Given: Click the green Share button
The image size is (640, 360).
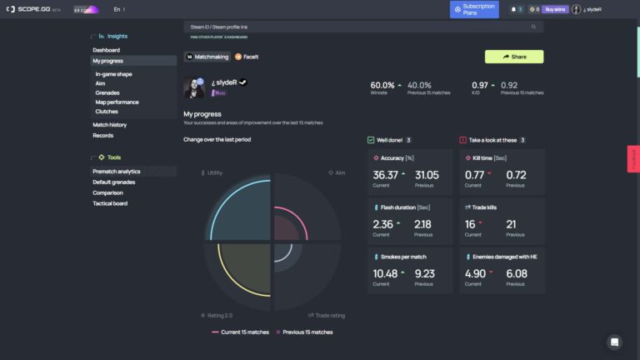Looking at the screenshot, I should pyautogui.click(x=514, y=57).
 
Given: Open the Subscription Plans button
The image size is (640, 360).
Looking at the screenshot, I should pyautogui.click(x=474, y=9).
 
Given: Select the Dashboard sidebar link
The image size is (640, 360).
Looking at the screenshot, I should pyautogui.click(x=107, y=50).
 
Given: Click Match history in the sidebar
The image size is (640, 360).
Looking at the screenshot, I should pyautogui.click(x=110, y=125).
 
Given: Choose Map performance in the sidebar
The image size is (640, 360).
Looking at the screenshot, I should pyautogui.click(x=117, y=102).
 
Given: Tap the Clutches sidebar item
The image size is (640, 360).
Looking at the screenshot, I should pyautogui.click(x=107, y=111).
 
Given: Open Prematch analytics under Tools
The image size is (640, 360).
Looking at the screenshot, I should pyautogui.click(x=117, y=172).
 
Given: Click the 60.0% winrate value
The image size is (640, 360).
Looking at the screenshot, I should pyautogui.click(x=382, y=85).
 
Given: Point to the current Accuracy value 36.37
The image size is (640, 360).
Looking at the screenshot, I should pyautogui.click(x=386, y=175).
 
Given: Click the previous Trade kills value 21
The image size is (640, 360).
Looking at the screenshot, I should pyautogui.click(x=511, y=224).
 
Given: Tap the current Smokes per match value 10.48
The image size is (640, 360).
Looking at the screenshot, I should pyautogui.click(x=386, y=273).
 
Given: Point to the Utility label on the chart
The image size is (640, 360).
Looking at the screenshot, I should pyautogui.click(x=214, y=172).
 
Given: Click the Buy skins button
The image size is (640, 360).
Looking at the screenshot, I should pyautogui.click(x=556, y=9).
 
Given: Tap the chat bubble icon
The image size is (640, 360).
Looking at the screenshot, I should pyautogui.click(x=615, y=342).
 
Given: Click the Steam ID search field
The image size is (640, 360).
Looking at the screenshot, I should pyautogui.click(x=358, y=27).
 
